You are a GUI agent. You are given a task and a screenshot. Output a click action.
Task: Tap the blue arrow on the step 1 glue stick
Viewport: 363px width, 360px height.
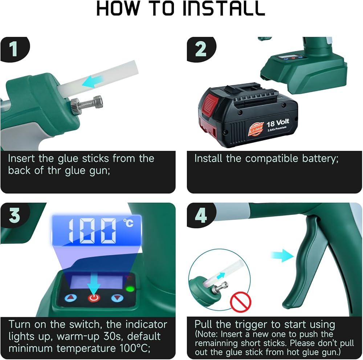pyautogui.click(x=93, y=81)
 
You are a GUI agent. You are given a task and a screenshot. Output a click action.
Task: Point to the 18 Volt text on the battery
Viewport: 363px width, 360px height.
pyautogui.click(x=278, y=123)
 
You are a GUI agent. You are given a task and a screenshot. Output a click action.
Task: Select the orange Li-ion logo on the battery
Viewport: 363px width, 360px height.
pyautogui.click(x=256, y=129)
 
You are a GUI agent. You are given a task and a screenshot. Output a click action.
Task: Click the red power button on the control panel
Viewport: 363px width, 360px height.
pyautogui.click(x=94, y=298)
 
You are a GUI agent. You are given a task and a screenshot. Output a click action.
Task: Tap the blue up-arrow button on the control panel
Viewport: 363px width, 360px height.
pyautogui.click(x=71, y=298)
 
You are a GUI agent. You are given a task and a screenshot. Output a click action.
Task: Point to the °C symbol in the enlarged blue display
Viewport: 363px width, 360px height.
pyautogui.click(x=128, y=223)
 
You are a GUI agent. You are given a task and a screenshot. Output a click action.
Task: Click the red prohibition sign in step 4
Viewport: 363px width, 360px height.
pyautogui.click(x=241, y=302)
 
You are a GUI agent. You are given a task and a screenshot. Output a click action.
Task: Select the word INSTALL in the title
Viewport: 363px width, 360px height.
pyautogui.click(x=224, y=9)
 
